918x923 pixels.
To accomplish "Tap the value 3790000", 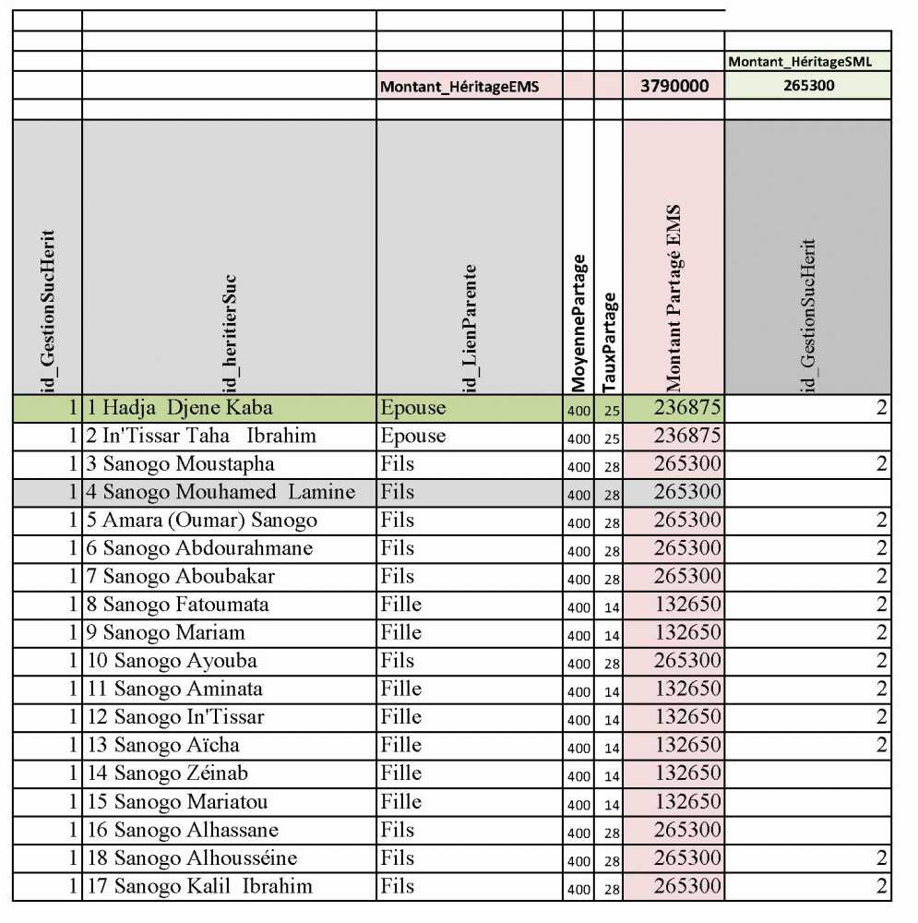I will (674, 87).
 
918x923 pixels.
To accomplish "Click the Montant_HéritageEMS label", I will (459, 87).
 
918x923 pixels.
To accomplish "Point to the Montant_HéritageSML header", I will (807, 62).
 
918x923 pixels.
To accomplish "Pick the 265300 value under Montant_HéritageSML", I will (807, 87).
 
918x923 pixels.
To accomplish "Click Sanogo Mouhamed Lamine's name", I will (228, 492).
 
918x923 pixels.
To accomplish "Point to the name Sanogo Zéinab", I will (180, 773).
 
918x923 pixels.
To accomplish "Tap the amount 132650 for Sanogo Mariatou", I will (687, 802).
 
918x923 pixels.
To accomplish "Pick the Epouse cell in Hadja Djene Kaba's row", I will (412, 407).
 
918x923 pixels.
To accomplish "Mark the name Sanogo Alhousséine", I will (205, 858).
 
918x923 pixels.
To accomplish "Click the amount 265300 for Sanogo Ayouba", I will (687, 661).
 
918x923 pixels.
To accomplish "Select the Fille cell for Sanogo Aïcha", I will (400, 745).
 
